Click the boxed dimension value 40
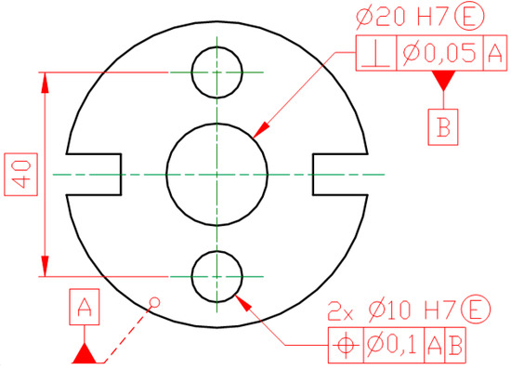pyautogui.click(x=22, y=173)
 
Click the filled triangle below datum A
pyautogui.click(x=85, y=354)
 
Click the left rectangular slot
pyautogui.click(x=94, y=174)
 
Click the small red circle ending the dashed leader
pyautogui.click(x=156, y=302)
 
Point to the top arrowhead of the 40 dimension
pyautogui.click(x=44, y=79)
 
